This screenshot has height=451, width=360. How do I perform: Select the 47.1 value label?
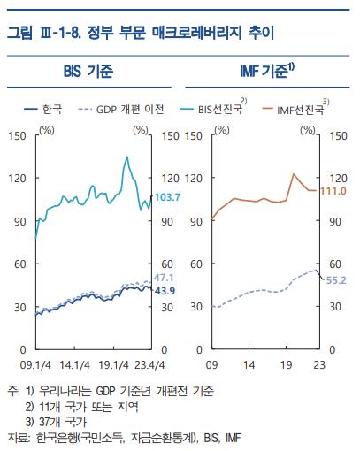click(166, 279)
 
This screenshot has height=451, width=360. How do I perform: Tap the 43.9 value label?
click(166, 291)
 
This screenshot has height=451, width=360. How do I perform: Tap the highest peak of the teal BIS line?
click(126, 157)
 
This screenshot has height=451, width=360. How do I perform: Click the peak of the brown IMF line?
click(293, 174)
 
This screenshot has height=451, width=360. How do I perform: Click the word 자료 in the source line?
click(17, 435)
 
